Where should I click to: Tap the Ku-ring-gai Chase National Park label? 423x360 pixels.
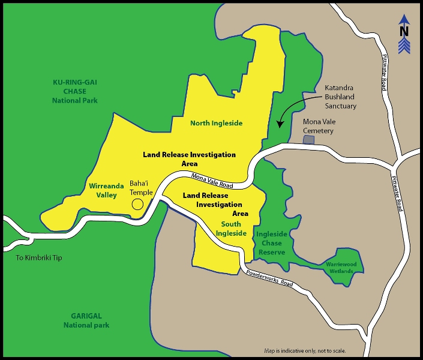coord(74,91)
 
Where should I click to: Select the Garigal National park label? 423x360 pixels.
coord(86,320)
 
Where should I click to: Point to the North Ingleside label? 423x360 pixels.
coord(216,123)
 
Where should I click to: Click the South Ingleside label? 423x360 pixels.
coord(230,229)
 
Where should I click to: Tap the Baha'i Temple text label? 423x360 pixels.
coord(141,188)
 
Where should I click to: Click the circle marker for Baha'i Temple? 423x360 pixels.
coord(137,204)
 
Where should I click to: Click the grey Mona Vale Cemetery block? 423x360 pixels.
coord(308,139)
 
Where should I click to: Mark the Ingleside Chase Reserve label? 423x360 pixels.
coord(271,243)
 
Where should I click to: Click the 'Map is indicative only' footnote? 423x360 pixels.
coord(305,350)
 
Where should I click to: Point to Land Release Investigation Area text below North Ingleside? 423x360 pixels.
coord(189,158)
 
